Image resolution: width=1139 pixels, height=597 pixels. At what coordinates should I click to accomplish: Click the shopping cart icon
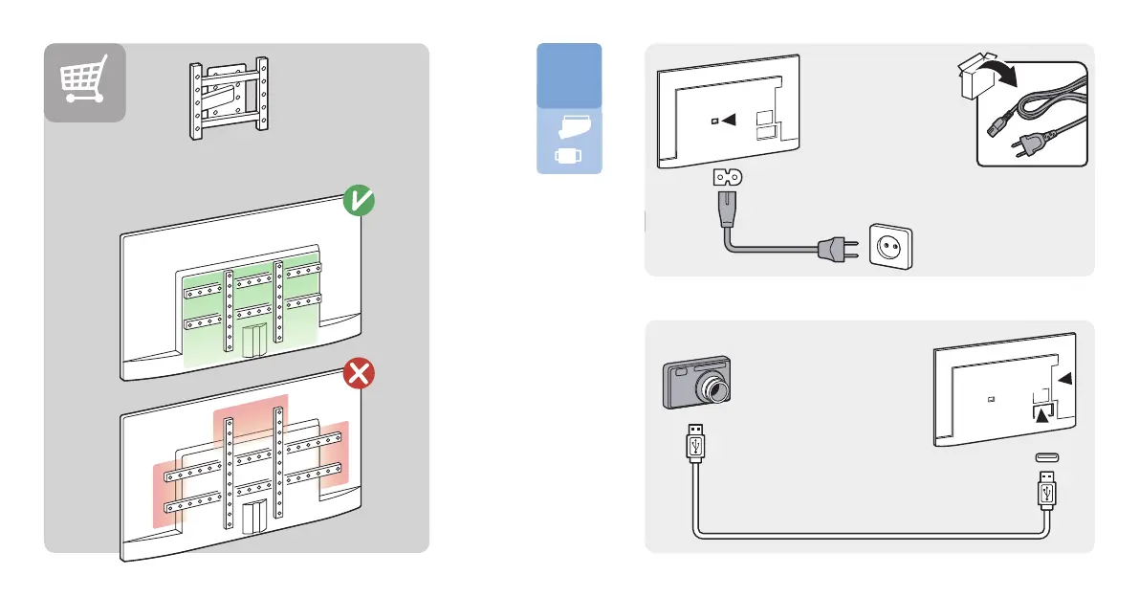point(84,81)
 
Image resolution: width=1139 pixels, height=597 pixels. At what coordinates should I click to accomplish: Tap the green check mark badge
point(360,202)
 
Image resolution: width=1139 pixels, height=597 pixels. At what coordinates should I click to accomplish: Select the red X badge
point(359,374)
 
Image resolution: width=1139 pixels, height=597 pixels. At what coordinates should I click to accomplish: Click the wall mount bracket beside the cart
point(229,100)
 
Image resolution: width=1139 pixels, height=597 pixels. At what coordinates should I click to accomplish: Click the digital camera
point(696,384)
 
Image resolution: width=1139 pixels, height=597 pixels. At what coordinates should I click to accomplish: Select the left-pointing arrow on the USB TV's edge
point(1064,380)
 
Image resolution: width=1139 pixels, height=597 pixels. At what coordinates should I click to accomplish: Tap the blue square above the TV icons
point(569,75)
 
